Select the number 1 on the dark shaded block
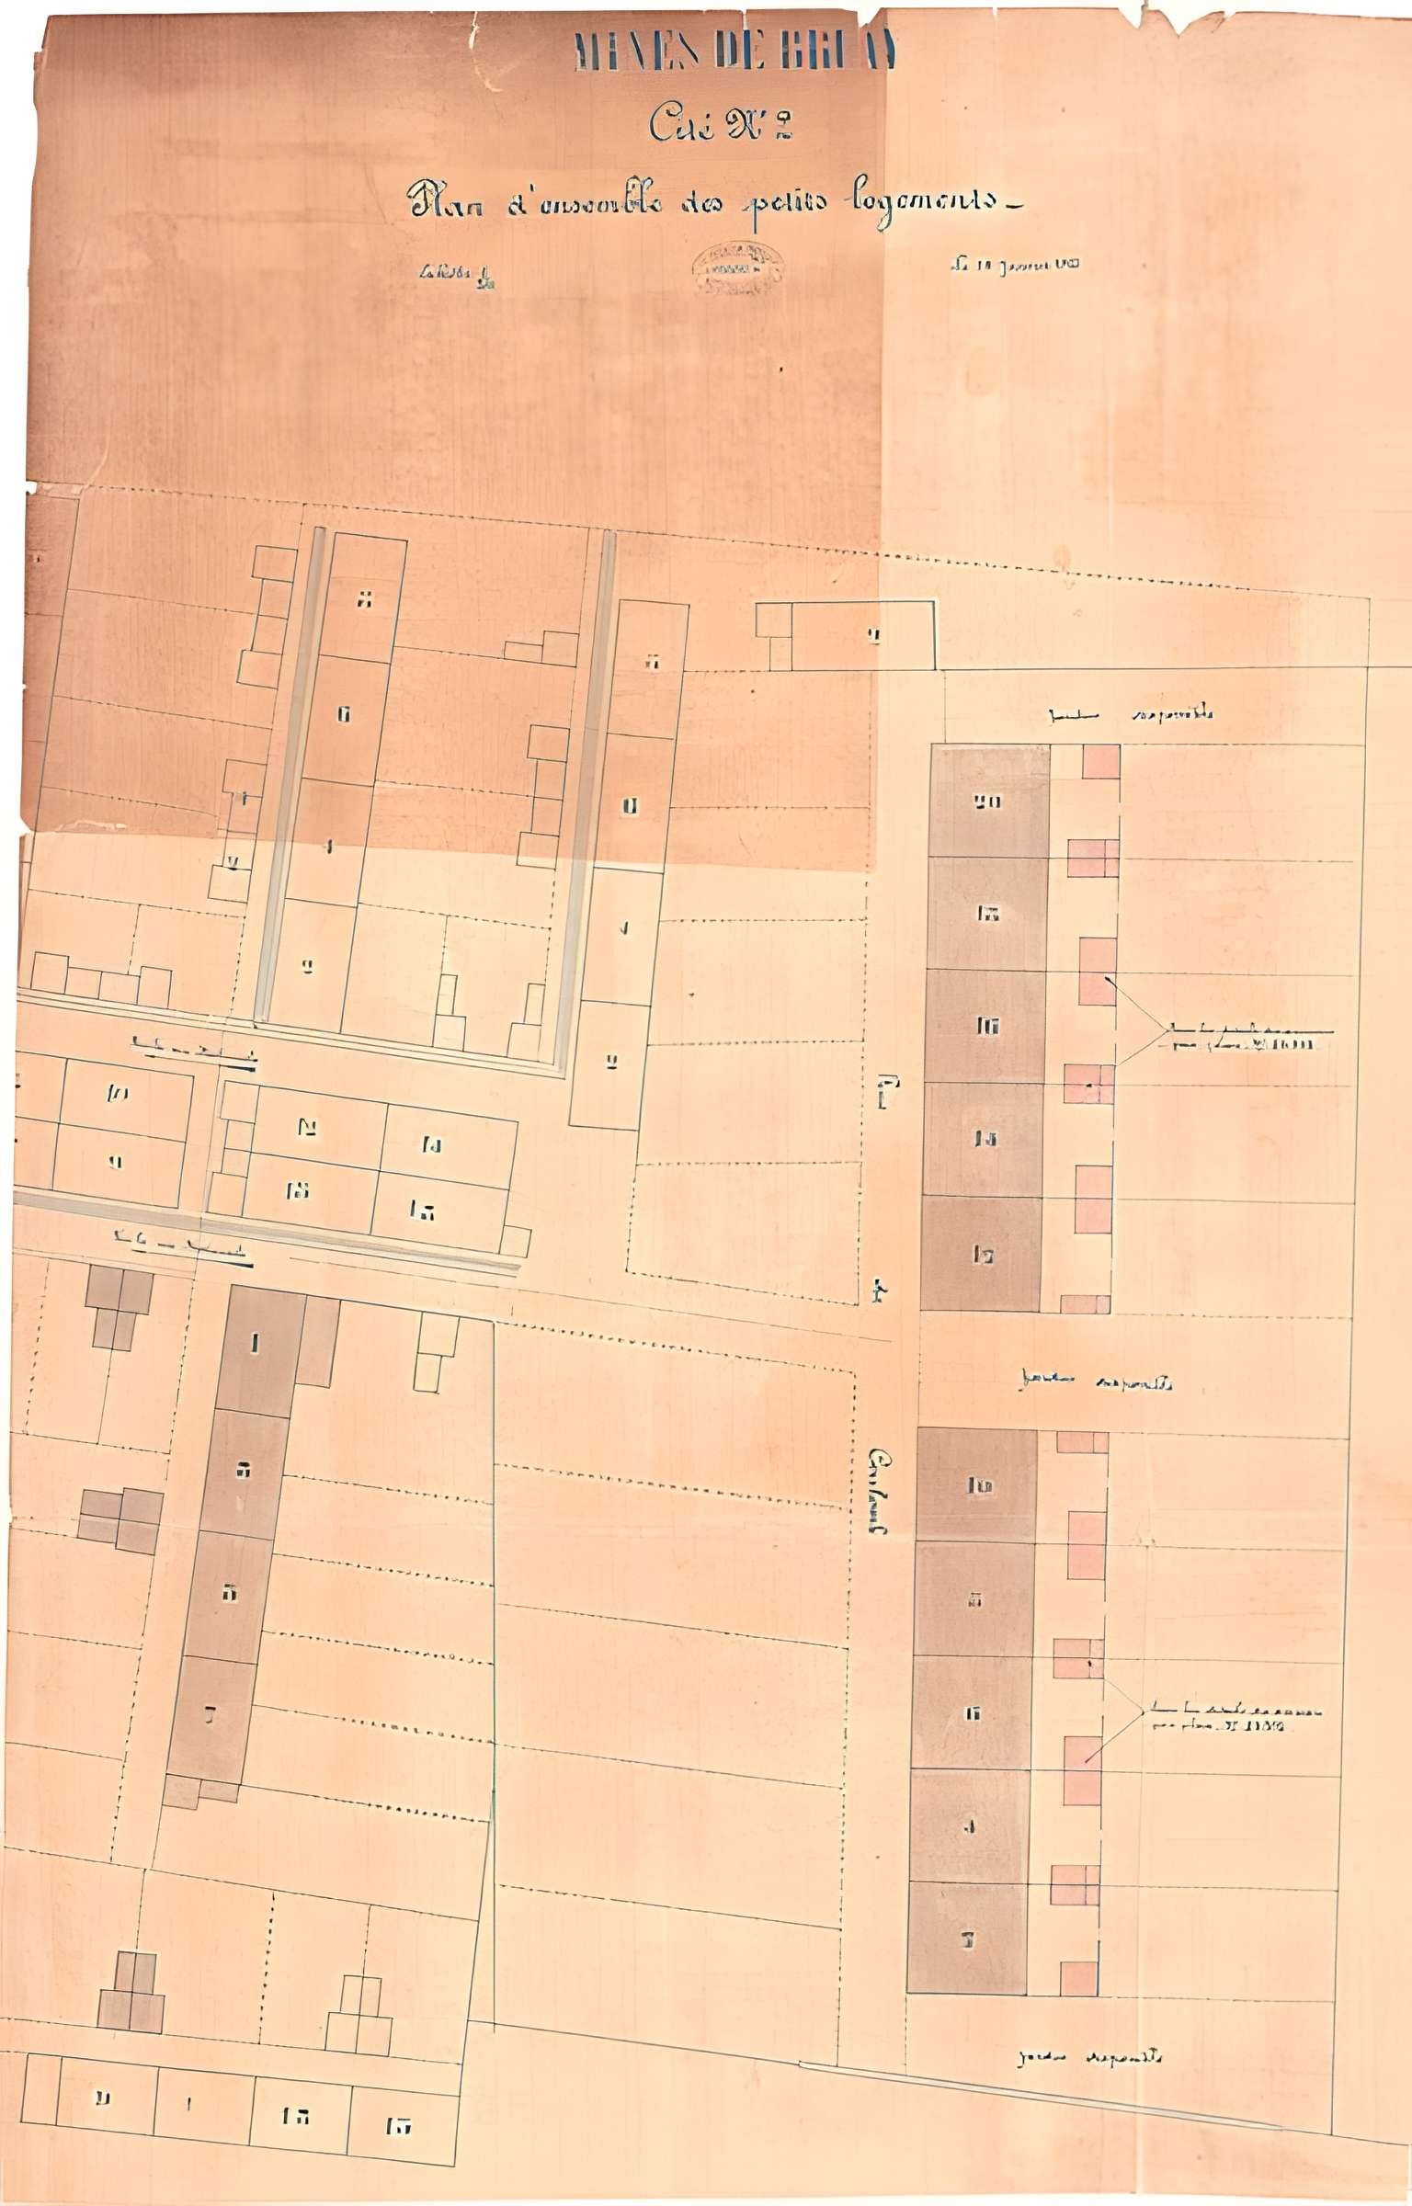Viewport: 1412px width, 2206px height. (255, 1345)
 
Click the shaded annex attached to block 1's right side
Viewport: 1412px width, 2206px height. (316, 1343)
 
